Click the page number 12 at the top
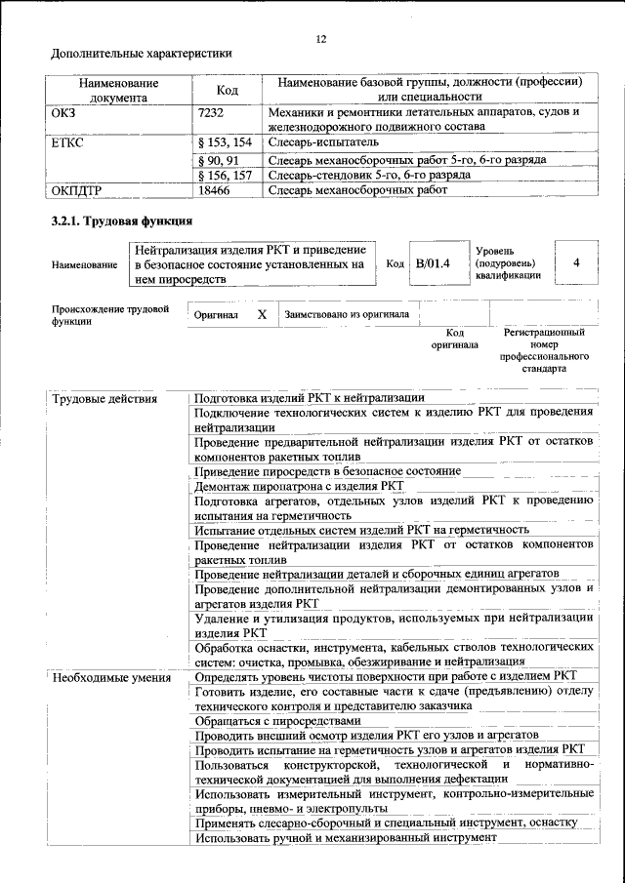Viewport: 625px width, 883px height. [321, 39]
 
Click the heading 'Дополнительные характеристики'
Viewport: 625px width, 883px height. [142, 54]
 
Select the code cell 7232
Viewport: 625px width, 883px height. [212, 112]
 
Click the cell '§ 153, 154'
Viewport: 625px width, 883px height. [225, 142]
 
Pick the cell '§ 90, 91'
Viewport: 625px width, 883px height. [219, 159]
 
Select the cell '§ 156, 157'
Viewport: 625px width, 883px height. [225, 175]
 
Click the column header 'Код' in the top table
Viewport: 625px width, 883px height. [228, 90]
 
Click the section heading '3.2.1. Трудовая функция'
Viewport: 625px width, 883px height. [118, 221]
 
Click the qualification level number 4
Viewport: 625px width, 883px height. [576, 263]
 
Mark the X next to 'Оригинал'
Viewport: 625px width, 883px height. [262, 315]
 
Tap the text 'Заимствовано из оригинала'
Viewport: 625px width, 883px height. [347, 315]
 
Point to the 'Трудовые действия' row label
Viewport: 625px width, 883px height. [103, 398]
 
